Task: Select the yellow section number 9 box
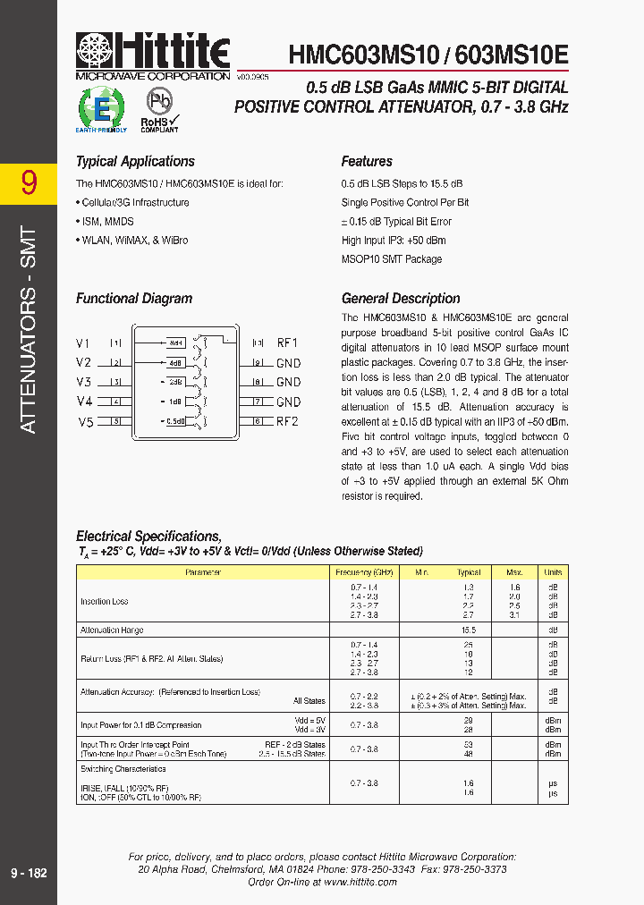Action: point(29,182)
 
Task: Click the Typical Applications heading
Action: point(135,162)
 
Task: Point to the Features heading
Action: point(367,162)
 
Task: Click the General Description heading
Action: point(401,299)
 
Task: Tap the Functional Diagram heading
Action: point(134,299)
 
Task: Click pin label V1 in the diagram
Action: point(83,343)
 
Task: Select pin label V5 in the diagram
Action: point(86,422)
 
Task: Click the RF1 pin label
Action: point(287,343)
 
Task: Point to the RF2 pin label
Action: point(287,421)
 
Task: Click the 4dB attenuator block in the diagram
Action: point(175,363)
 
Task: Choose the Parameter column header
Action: point(203,571)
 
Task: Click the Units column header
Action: point(553,571)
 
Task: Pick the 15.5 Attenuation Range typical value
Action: point(469,630)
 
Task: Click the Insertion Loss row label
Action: point(105,602)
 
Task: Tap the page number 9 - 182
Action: point(29,873)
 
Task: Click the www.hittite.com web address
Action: point(360,882)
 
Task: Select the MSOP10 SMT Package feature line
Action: point(392,259)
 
